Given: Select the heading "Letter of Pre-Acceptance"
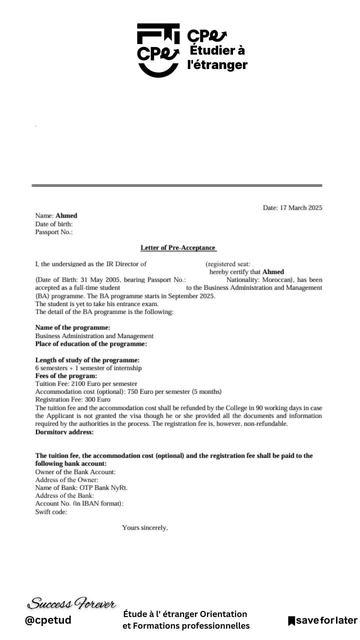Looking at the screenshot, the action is [179, 247].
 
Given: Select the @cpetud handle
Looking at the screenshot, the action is [48, 620].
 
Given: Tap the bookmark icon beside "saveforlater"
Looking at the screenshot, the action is [291, 621].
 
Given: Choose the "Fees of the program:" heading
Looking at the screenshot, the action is [66, 375].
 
